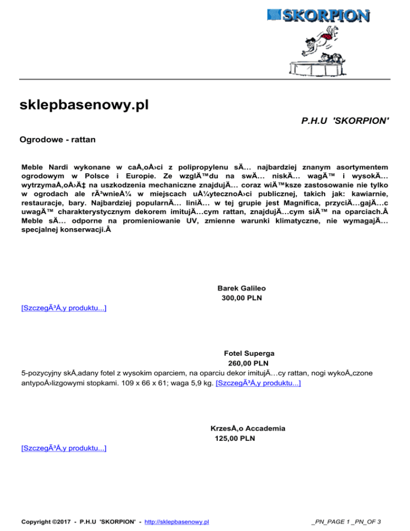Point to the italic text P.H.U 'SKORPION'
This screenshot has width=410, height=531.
[342, 122]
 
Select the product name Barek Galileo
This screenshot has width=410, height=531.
[242, 288]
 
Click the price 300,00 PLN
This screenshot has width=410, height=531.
[242, 298]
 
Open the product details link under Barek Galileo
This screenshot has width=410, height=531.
[63, 309]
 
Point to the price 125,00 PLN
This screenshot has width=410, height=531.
[235, 439]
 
